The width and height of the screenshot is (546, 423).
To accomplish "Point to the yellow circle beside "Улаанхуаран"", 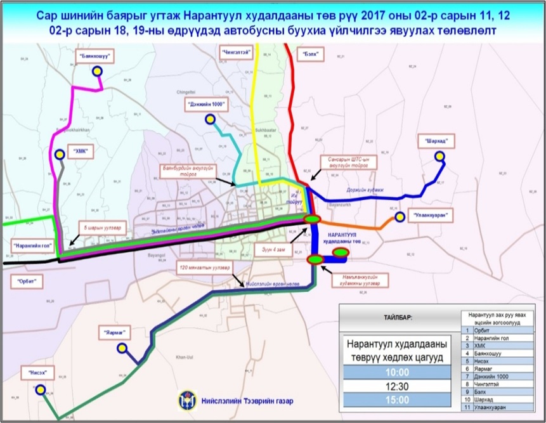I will tap(400, 217).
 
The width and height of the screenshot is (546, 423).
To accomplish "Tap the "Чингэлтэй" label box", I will tap(236, 50).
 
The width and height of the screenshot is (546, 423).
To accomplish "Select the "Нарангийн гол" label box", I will tap(32, 244).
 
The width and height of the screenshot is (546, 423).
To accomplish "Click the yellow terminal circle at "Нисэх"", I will tap(40, 391).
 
